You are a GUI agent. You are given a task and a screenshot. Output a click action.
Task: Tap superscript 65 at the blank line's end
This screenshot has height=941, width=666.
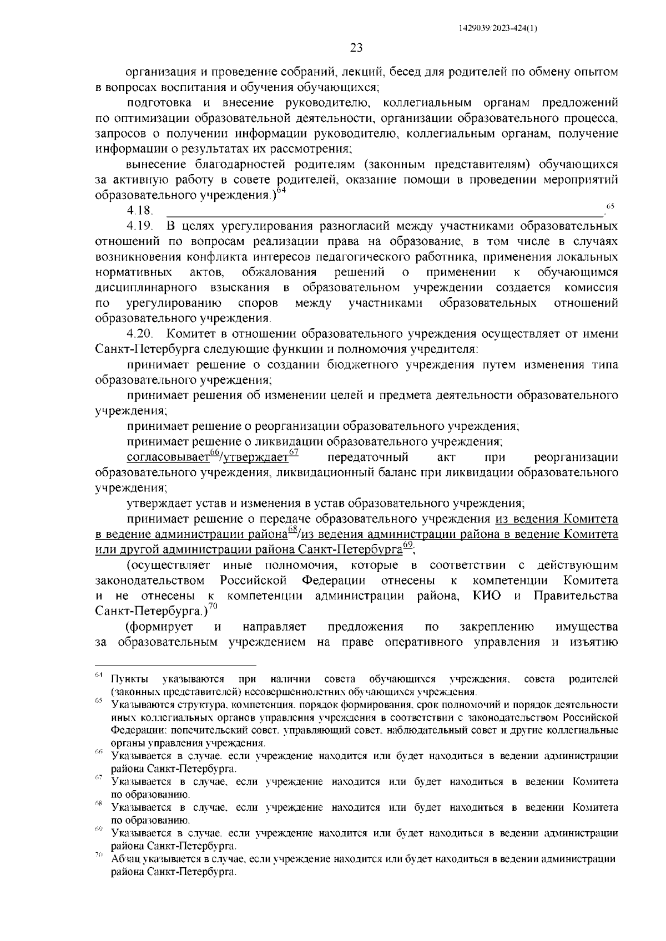[x=610, y=206]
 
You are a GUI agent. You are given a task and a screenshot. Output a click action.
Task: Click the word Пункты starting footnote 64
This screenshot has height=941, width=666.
[x=129, y=679]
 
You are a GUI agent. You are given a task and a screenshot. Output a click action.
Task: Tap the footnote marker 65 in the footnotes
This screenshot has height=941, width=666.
[x=99, y=701]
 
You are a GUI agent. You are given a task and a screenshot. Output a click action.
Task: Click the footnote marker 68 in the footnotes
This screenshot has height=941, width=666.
[x=99, y=803]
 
